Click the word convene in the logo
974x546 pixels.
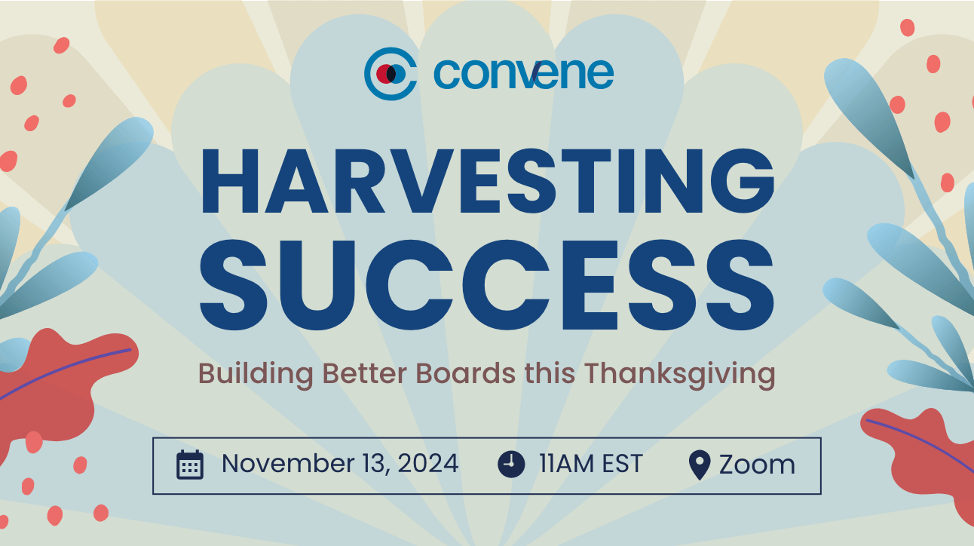(x=523, y=73)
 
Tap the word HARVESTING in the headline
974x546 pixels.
(x=488, y=181)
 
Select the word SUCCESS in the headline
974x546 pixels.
(x=487, y=284)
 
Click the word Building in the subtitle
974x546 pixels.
(x=256, y=374)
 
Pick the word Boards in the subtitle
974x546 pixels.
(x=466, y=373)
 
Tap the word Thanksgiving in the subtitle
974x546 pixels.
(x=680, y=374)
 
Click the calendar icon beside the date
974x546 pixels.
(x=190, y=465)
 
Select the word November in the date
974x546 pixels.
(x=287, y=463)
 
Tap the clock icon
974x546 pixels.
(x=511, y=465)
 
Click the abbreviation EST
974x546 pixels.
(x=623, y=463)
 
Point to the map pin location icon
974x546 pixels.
(x=700, y=465)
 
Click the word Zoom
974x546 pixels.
(x=757, y=465)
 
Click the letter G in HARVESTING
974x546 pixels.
(x=743, y=181)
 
